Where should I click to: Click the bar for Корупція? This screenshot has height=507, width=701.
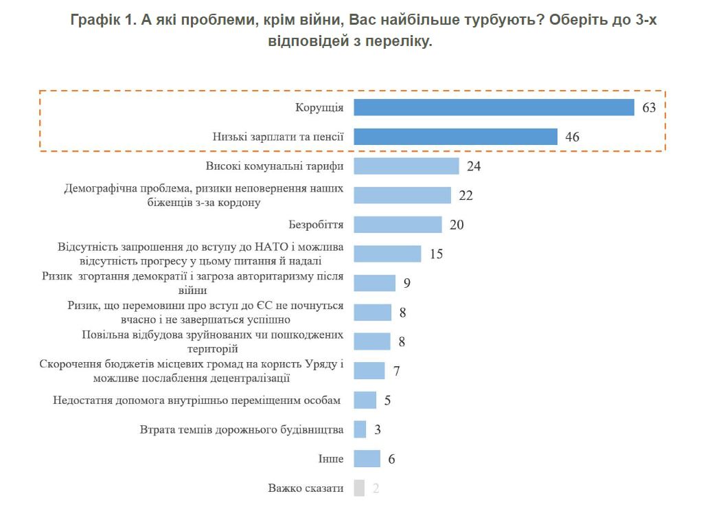click(x=494, y=107)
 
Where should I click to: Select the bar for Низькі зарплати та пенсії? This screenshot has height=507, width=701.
click(x=455, y=137)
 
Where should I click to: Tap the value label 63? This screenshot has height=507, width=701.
click(x=650, y=108)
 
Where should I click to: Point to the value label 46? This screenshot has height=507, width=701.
click(x=572, y=137)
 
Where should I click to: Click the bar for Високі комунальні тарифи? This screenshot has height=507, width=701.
click(x=406, y=166)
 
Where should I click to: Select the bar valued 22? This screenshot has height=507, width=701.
click(x=402, y=195)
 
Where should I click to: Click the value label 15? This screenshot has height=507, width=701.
click(x=437, y=254)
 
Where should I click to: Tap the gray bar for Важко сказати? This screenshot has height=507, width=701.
click(x=359, y=488)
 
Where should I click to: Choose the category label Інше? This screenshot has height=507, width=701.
click(x=331, y=459)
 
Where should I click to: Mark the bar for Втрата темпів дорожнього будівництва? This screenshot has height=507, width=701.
click(x=360, y=429)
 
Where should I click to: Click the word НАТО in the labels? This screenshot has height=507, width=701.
click(x=274, y=247)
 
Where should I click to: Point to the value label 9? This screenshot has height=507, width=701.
click(x=407, y=283)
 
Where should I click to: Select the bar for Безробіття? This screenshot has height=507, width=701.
click(x=398, y=225)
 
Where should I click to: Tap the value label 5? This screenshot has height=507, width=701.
click(x=387, y=401)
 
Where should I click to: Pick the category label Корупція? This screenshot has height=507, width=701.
click(x=319, y=108)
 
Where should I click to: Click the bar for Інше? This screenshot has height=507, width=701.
click(x=367, y=459)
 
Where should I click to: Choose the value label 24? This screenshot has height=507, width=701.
click(x=474, y=166)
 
